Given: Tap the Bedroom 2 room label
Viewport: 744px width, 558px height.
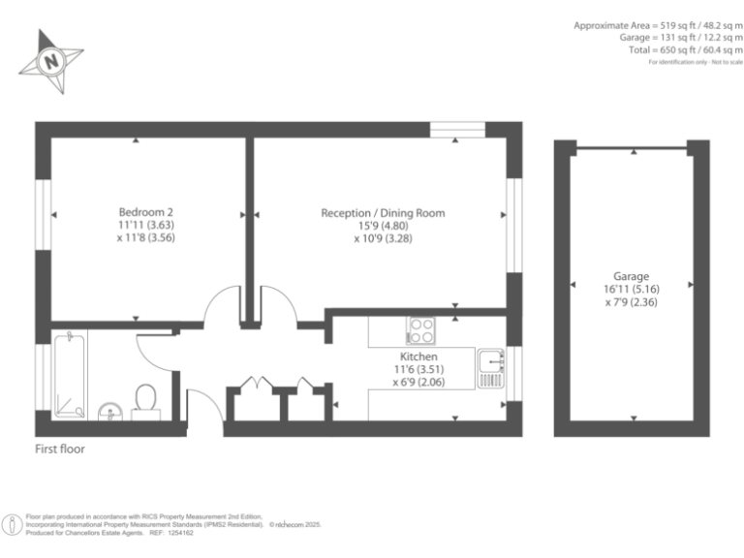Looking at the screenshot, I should click(145, 212).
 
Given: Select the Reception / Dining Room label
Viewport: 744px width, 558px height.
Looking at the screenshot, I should click(383, 212).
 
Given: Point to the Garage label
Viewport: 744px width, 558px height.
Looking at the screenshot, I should click(631, 276).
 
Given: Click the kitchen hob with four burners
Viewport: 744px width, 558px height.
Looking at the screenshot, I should click(422, 330).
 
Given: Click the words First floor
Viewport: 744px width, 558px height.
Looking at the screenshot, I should click(60, 449).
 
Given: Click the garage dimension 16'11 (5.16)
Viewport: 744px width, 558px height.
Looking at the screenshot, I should click(631, 289).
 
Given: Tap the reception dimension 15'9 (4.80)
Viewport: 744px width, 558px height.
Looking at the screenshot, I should click(383, 225).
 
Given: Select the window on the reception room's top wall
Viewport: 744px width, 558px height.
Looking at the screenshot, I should click(457, 128).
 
